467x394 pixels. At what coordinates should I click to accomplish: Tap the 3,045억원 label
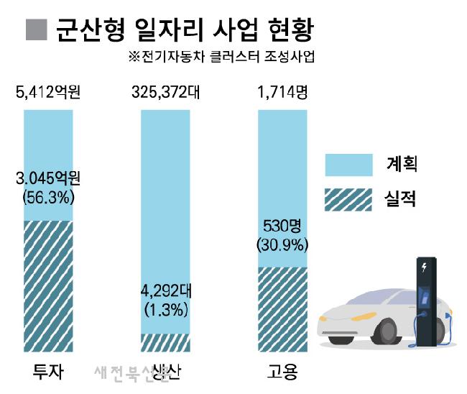click(48, 178)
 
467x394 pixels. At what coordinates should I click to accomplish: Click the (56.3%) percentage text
click(48, 196)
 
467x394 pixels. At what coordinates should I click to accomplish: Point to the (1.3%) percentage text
click(165, 310)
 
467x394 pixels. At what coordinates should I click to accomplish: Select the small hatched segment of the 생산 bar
click(165, 342)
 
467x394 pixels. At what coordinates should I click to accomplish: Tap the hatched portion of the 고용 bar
click(282, 309)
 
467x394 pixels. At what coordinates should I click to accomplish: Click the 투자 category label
click(48, 372)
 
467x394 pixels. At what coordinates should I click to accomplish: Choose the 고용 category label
click(282, 372)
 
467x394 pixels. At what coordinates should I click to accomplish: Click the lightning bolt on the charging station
click(425, 268)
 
